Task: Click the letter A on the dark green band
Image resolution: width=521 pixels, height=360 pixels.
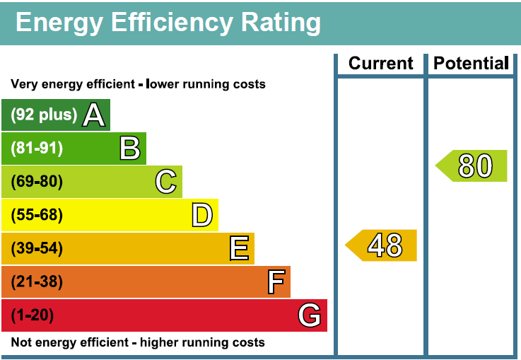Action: click(x=94, y=115)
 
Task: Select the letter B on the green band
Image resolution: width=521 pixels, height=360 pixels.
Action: click(x=130, y=148)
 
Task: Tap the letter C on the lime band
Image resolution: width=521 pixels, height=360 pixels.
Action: click(x=166, y=181)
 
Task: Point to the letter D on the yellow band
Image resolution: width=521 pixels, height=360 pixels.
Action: click(x=202, y=215)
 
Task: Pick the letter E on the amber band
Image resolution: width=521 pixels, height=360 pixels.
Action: click(x=239, y=248)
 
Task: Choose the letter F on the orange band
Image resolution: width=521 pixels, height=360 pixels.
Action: click(x=276, y=281)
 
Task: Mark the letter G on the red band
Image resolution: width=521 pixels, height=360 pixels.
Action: click(x=310, y=315)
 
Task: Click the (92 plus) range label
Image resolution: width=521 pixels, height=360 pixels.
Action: click(x=44, y=115)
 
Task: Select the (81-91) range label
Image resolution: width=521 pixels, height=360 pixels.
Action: click(x=37, y=148)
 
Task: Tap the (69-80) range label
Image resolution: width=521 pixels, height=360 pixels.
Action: click(x=37, y=182)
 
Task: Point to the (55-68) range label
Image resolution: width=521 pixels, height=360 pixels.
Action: click(x=37, y=215)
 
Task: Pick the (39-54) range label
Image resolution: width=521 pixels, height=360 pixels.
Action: click(x=37, y=248)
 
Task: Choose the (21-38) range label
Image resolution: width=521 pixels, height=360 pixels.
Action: click(x=37, y=281)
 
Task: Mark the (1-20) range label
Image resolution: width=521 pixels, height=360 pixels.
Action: click(x=33, y=315)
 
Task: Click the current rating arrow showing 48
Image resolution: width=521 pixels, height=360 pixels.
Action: click(x=381, y=245)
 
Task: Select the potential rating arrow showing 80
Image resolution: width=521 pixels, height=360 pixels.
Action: click(x=471, y=166)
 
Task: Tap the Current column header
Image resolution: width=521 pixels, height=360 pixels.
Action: click(x=381, y=63)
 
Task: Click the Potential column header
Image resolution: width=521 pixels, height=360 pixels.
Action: click(x=471, y=63)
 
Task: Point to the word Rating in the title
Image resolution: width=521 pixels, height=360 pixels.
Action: click(x=281, y=23)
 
